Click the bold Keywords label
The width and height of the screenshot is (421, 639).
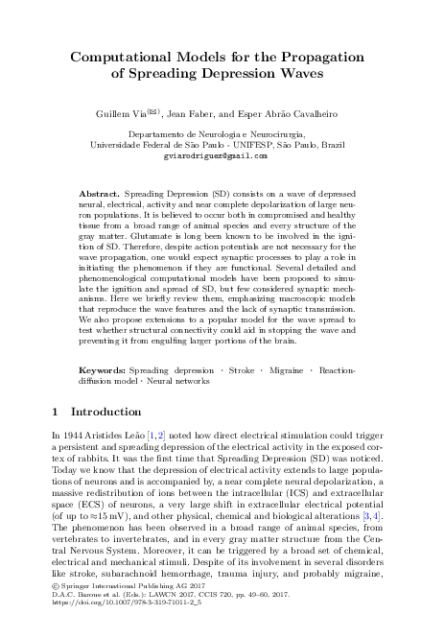point(103,369)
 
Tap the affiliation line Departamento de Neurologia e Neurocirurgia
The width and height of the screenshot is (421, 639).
point(210,135)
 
